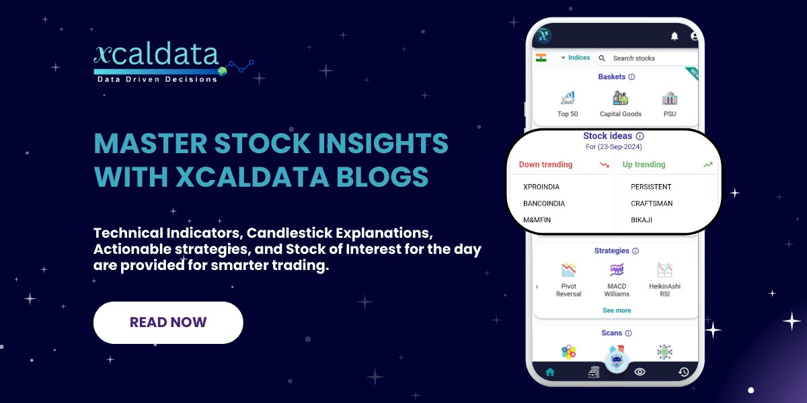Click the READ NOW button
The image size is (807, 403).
tap(168, 322)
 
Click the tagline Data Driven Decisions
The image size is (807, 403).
tap(157, 79)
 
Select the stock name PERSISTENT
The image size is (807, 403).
tap(651, 187)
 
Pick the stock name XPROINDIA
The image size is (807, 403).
tap(541, 187)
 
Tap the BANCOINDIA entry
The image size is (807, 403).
tap(544, 204)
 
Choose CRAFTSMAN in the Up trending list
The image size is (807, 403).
tap(652, 204)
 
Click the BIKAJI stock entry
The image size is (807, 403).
tap(642, 220)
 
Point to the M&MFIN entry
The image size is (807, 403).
tap(537, 220)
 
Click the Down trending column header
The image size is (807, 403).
tap(546, 165)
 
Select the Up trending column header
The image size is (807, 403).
tap(644, 165)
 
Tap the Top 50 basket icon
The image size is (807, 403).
tap(568, 99)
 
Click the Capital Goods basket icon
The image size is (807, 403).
tap(620, 99)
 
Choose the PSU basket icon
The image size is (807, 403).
tap(670, 99)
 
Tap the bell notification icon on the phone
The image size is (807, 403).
tap(675, 36)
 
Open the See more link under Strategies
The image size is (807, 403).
tap(617, 310)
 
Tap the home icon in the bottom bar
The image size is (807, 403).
tap(550, 371)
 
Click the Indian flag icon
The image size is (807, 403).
tap(541, 58)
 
